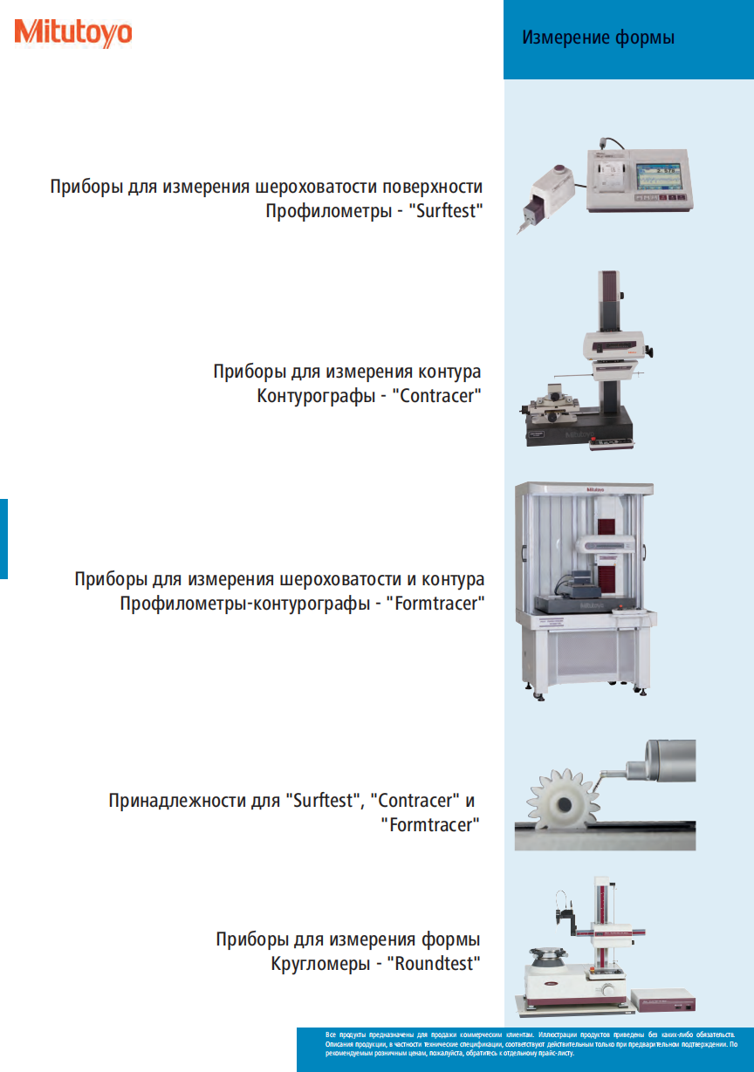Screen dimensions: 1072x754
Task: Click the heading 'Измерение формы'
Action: coord(598,38)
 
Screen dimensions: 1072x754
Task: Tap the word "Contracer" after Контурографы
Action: coord(437,395)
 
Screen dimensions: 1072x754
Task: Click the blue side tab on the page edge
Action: coord(3,539)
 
